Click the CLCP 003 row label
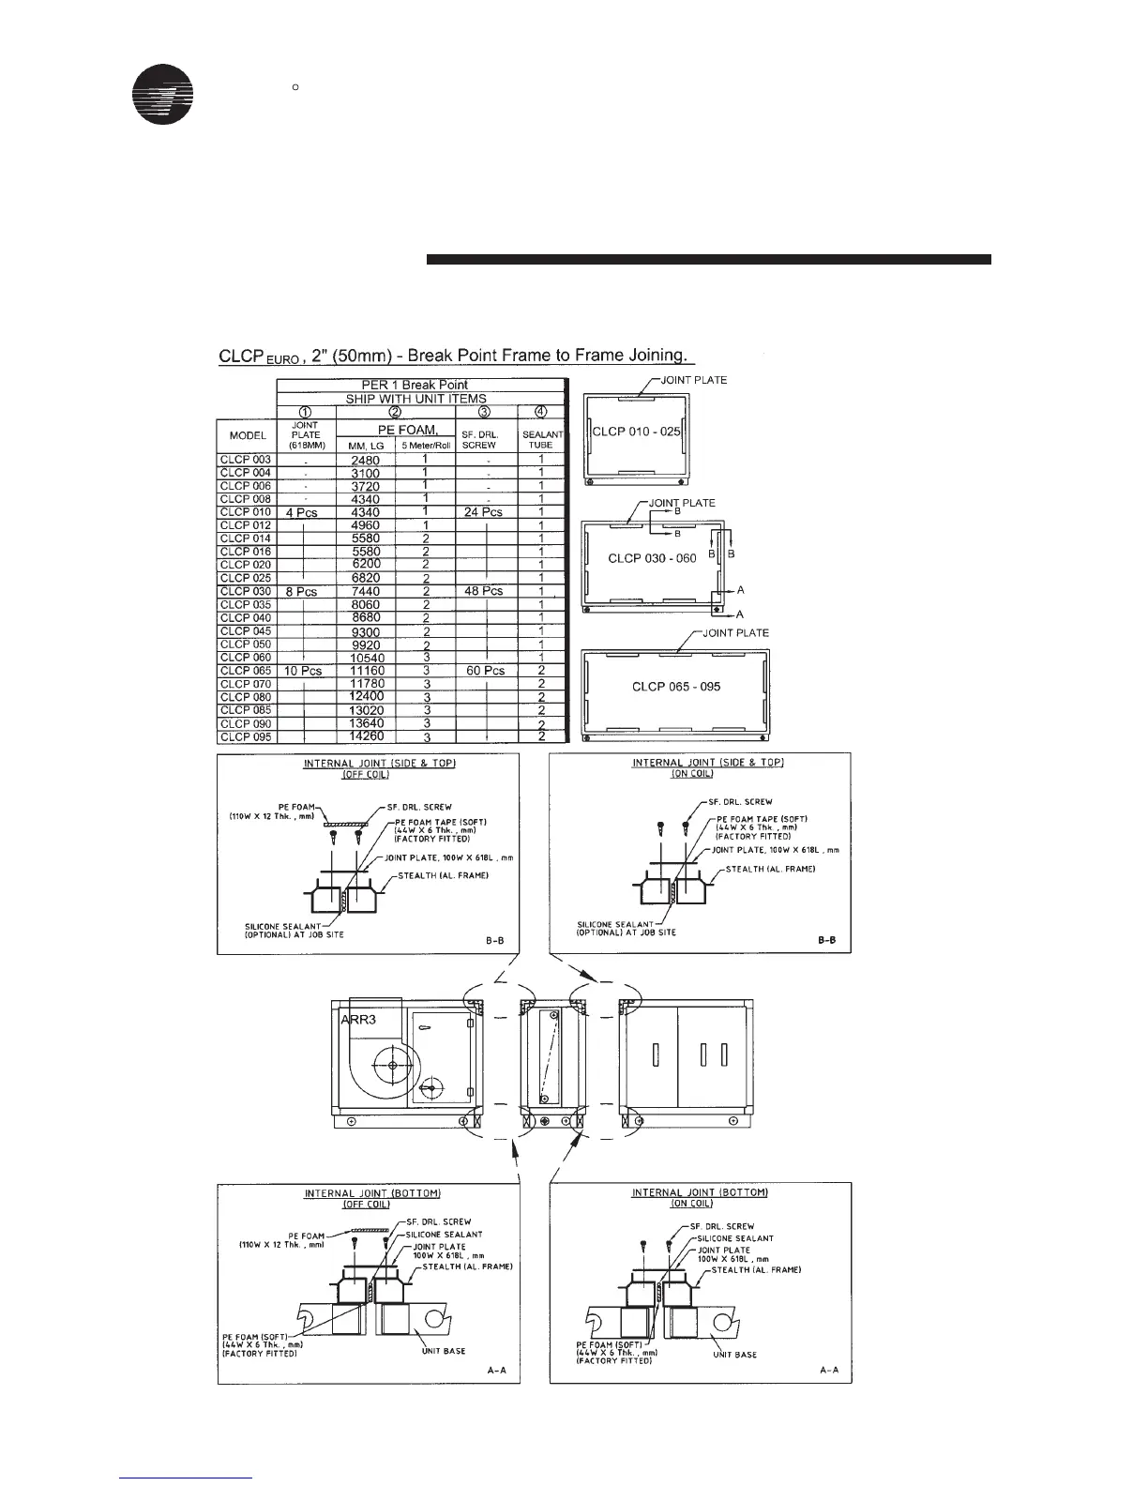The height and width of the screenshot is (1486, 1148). tap(246, 460)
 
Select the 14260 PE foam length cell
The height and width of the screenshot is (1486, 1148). tap(366, 736)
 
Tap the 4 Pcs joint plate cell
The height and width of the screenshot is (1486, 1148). tap(301, 513)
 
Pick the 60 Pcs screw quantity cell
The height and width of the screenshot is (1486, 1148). tap(485, 671)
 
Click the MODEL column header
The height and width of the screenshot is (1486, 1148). tap(247, 436)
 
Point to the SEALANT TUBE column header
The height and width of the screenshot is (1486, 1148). tap(541, 439)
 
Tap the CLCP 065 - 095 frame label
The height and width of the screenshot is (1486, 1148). tap(676, 687)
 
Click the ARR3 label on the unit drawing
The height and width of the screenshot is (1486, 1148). tap(358, 1019)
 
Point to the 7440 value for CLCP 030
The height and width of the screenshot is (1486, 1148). tap(366, 592)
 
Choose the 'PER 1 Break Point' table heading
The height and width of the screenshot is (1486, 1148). tap(415, 385)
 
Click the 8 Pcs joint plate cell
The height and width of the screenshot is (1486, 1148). tap(301, 592)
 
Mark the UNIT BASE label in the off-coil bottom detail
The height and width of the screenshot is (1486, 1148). tap(441, 1351)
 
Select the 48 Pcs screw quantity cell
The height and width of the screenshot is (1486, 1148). tap(485, 591)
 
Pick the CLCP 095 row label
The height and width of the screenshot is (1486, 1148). tap(246, 736)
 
